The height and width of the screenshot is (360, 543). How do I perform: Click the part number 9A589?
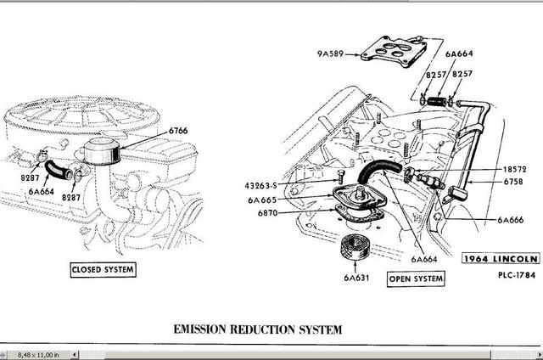[331, 53]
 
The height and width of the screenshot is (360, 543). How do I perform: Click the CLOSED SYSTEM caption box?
[104, 269]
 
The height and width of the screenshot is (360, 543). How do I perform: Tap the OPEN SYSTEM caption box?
[416, 278]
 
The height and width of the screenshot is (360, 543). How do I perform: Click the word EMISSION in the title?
[205, 329]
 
